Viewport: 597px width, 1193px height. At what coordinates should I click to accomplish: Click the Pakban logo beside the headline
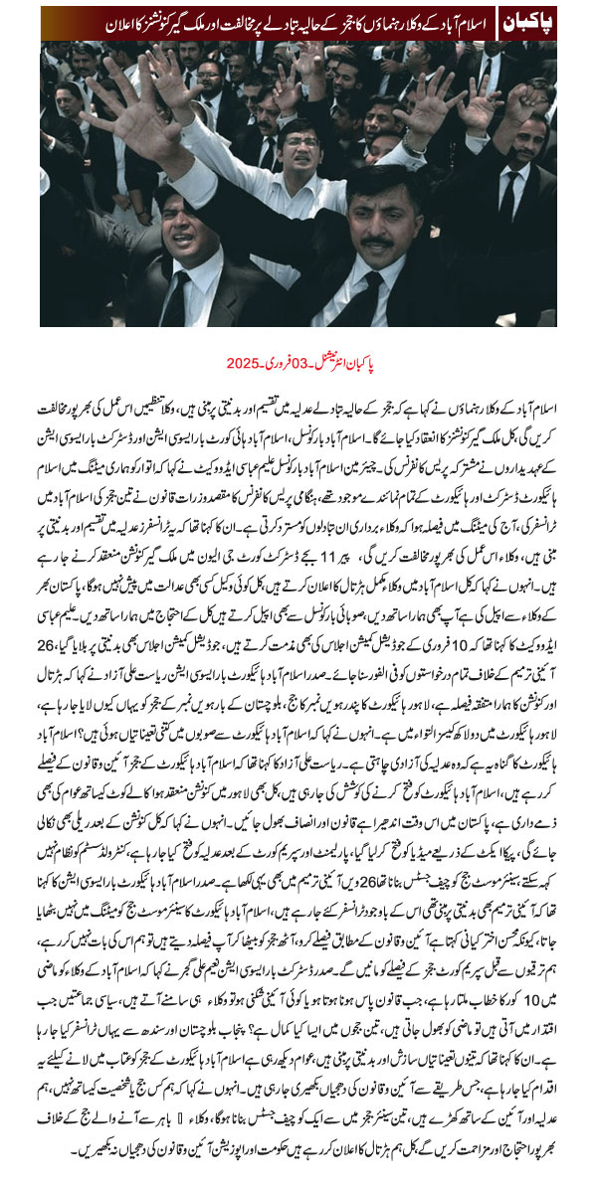point(523,20)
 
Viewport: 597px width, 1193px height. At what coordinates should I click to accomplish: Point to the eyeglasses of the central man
point(301,142)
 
